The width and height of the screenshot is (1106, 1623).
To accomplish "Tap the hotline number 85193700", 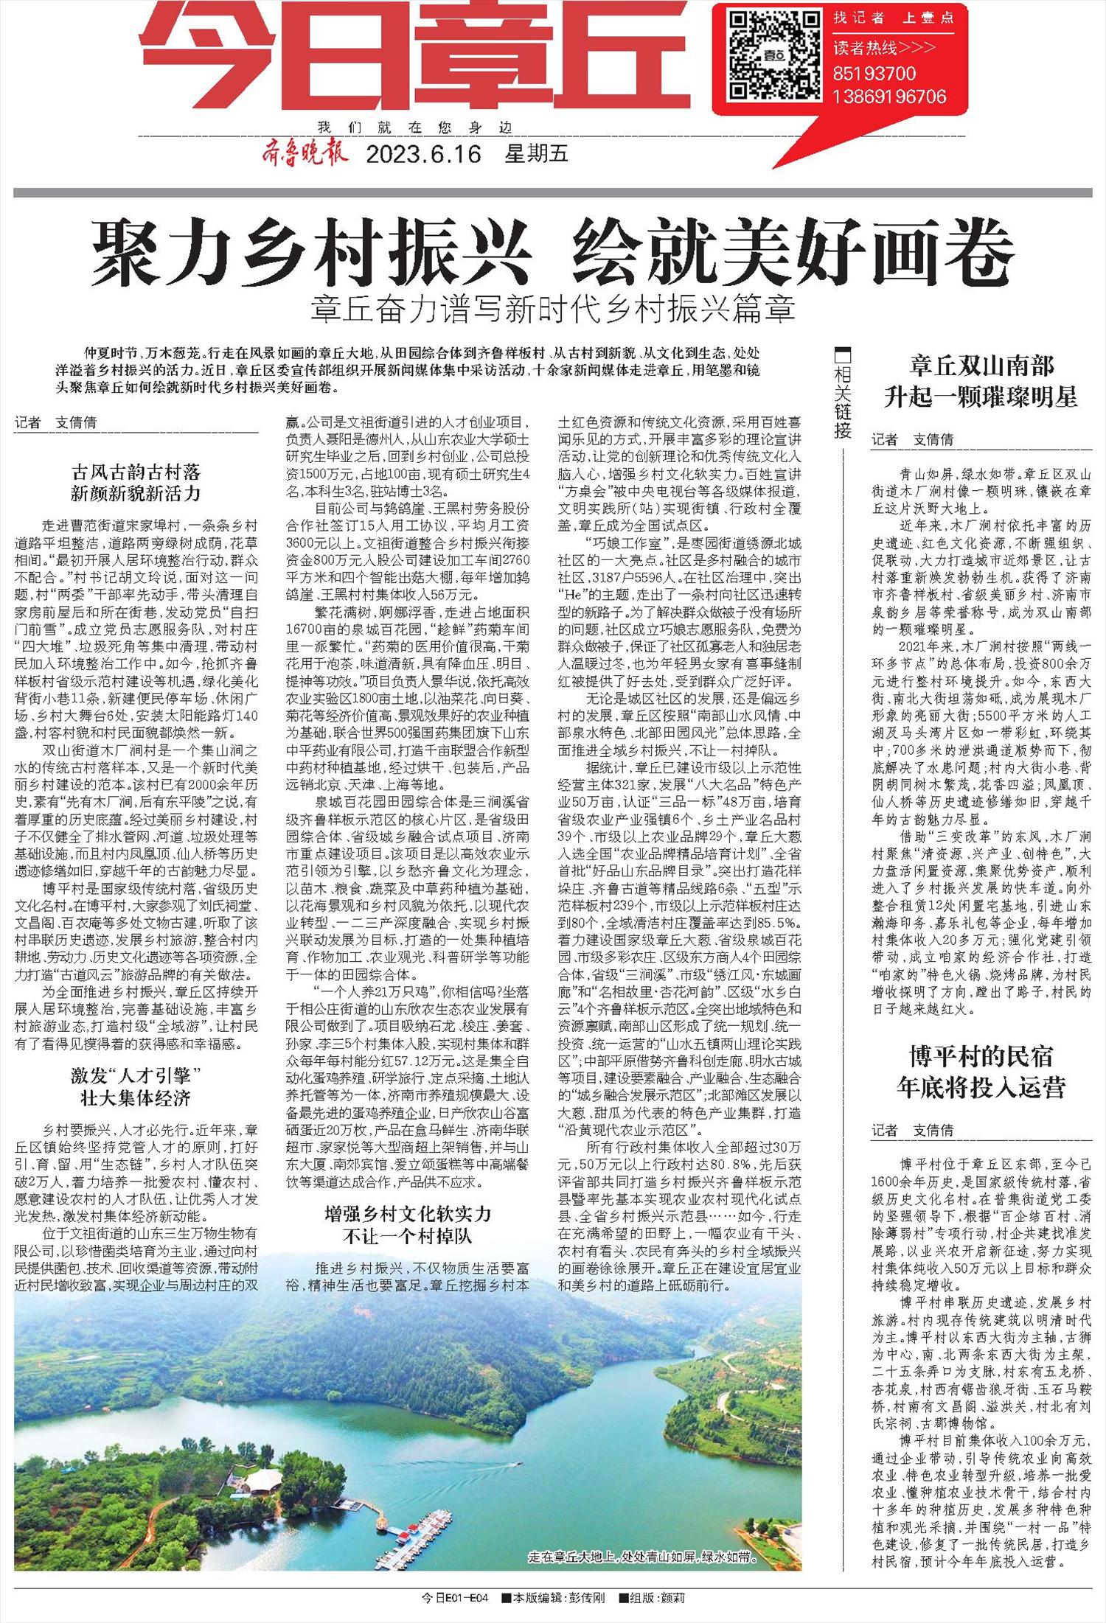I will (874, 74).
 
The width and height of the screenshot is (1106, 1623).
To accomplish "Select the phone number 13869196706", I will (889, 97).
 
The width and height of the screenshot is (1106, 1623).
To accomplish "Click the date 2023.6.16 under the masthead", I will (423, 155).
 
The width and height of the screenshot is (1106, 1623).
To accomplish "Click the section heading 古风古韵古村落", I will (136, 470).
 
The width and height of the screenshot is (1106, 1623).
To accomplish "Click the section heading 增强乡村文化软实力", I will (408, 1215).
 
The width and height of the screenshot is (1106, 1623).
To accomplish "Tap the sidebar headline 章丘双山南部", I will (981, 366).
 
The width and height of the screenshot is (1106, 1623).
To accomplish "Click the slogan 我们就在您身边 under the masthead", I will (413, 128).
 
